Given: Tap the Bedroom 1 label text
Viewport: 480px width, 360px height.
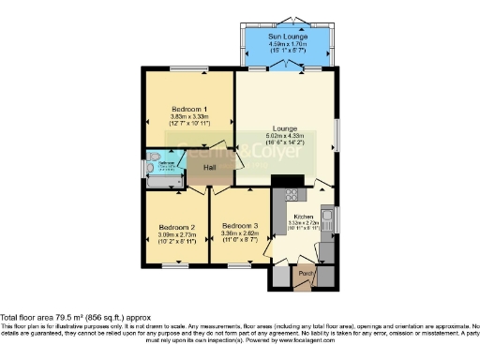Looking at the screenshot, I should [x=189, y=108].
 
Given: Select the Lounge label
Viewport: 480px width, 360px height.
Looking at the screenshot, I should [x=286, y=128].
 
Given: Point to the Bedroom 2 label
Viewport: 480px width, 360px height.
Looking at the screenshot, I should [x=175, y=227].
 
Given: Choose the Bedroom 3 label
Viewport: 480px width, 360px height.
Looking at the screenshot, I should [x=239, y=226].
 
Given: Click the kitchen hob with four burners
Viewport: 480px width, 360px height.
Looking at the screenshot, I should [x=291, y=195].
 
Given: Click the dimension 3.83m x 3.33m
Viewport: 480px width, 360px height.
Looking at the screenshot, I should [x=189, y=116].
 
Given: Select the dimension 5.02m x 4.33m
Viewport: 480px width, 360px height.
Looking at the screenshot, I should [x=286, y=136].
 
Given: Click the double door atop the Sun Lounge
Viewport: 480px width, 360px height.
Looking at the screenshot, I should [x=287, y=21].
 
